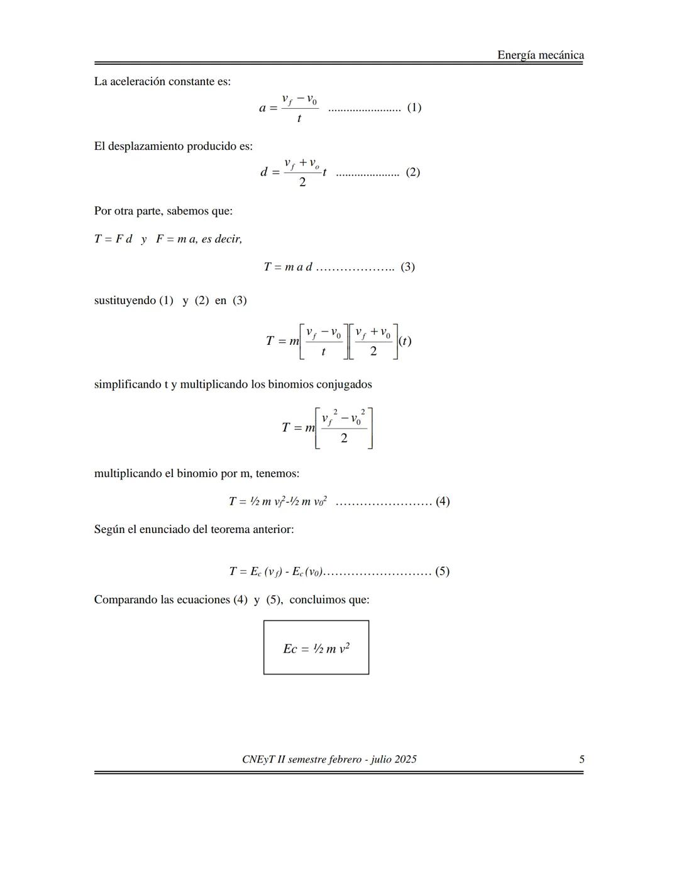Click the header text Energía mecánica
tap(540, 55)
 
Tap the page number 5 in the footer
tap(582, 759)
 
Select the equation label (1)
tap(414, 107)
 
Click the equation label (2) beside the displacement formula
tap(412, 172)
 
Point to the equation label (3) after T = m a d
tap(407, 267)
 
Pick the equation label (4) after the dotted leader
tap(443, 501)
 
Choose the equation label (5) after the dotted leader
tap(442, 571)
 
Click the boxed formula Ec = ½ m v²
tap(316, 648)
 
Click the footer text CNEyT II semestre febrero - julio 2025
tap(329, 759)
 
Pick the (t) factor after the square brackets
tap(405, 341)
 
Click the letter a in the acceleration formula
tap(263, 108)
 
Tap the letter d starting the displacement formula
tap(264, 172)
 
